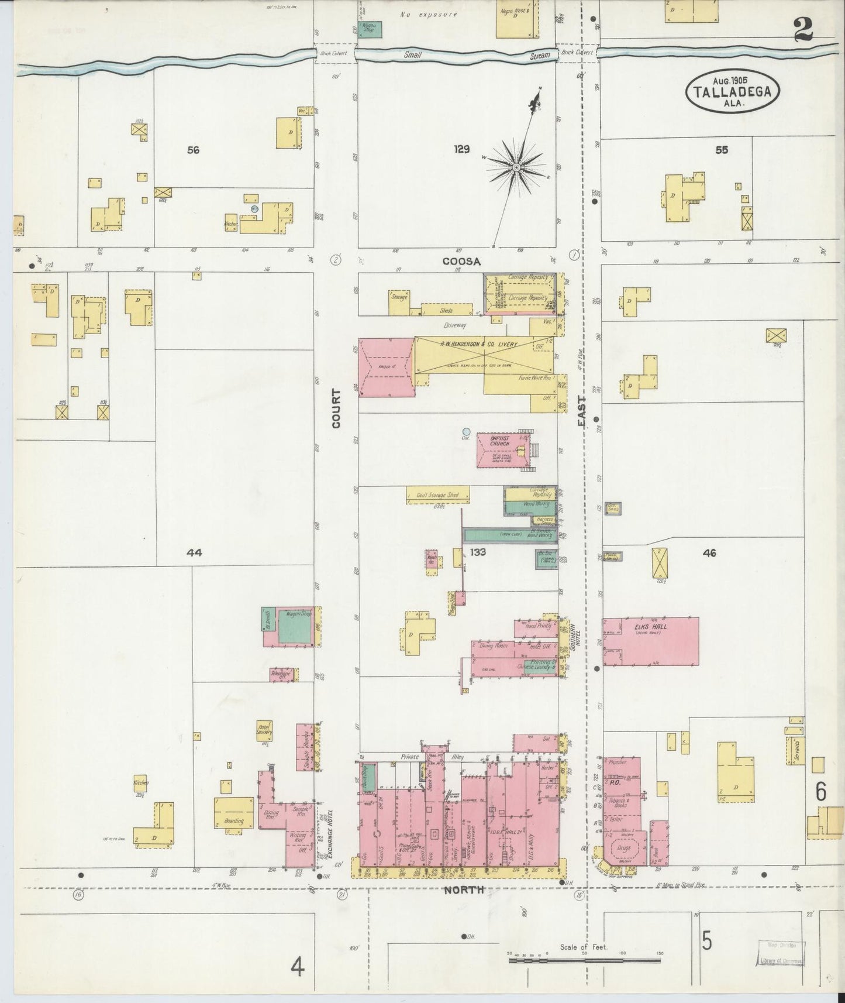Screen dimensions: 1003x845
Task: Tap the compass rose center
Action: click(x=516, y=168)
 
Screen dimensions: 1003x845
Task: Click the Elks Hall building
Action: click(x=651, y=641)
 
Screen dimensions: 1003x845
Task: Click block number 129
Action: click(x=461, y=149)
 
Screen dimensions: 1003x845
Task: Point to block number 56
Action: click(x=193, y=150)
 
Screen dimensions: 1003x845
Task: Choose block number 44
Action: click(x=194, y=552)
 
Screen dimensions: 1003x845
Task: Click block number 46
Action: click(x=709, y=552)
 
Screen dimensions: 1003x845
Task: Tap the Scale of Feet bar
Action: click(x=585, y=960)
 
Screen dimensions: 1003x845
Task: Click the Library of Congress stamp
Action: click(x=781, y=956)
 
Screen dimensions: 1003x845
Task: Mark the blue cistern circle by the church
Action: click(x=466, y=432)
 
